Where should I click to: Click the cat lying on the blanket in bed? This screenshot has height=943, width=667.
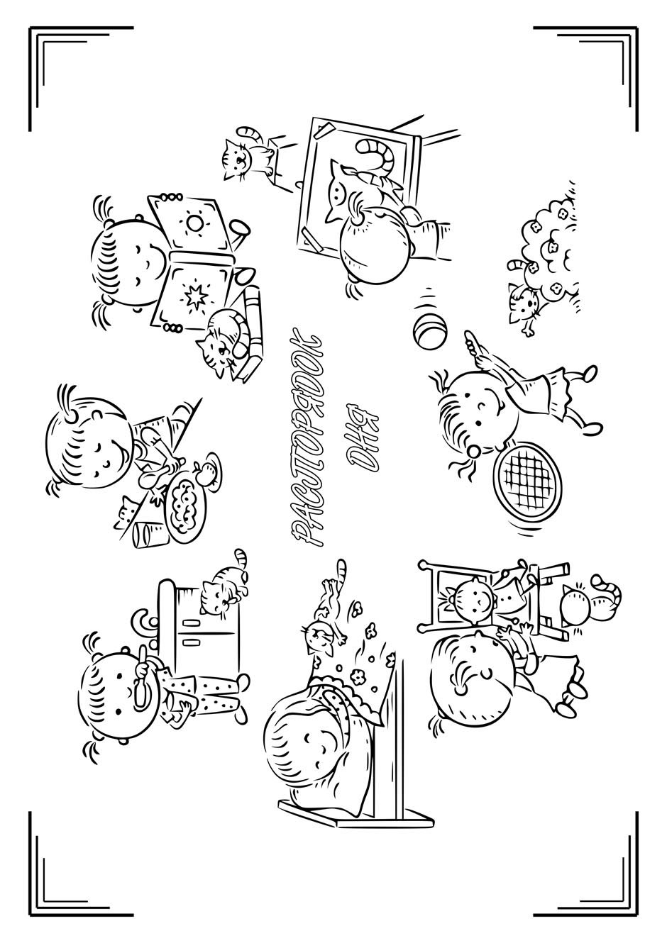[x=324, y=598]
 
